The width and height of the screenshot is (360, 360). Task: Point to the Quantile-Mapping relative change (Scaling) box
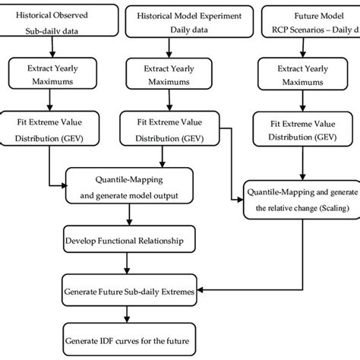tap(302, 199)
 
